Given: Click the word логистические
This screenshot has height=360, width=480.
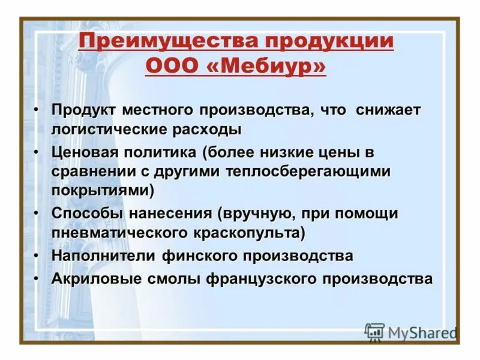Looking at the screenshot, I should (x=112, y=128).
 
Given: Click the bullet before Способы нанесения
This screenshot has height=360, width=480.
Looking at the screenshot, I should (x=38, y=214).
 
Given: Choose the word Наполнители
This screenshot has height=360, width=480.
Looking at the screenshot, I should (x=104, y=256).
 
